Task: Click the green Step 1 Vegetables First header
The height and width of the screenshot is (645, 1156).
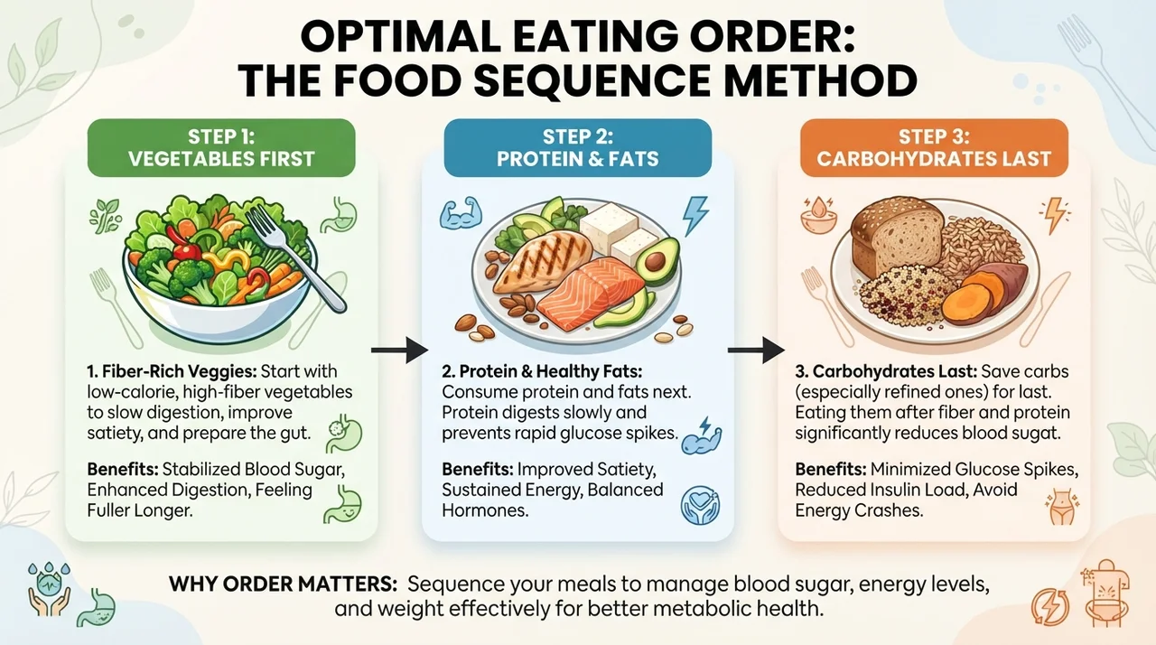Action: tap(221, 148)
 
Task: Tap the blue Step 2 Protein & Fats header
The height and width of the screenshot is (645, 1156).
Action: tap(577, 148)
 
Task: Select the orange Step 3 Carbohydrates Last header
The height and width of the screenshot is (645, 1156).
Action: tap(934, 148)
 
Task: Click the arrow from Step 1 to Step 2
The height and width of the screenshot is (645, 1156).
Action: tap(399, 351)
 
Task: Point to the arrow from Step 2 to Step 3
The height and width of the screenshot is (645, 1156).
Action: tap(756, 351)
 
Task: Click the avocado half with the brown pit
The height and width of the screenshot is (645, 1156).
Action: tap(657, 260)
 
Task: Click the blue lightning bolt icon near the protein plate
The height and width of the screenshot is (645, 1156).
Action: tap(695, 216)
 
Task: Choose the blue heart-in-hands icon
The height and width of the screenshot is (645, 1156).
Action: tap(700, 505)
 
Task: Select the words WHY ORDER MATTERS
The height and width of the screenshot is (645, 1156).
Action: tap(283, 584)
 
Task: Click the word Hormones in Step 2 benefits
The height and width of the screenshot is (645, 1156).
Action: tap(485, 510)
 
